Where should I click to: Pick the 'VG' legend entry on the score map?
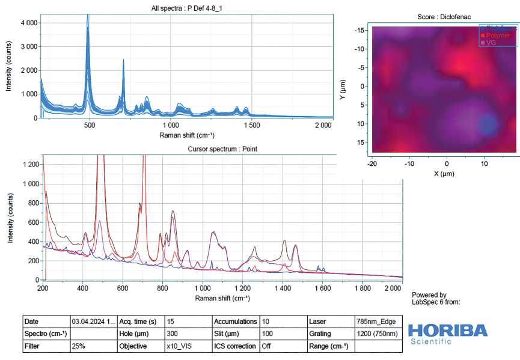pos(492,43)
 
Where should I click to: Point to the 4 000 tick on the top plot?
pos(28,23)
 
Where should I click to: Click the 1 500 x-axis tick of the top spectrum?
pos(252,126)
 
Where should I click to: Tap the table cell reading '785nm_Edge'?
pos(375,322)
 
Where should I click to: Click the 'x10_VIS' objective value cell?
pos(179,347)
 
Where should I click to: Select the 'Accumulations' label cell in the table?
pos(236,322)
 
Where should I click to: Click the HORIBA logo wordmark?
pos(448,330)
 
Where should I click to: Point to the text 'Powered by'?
pos(429,295)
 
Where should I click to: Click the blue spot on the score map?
pos(488,126)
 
